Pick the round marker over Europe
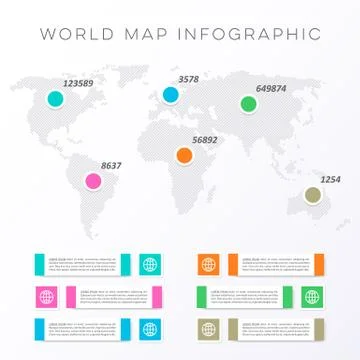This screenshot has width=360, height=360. coord(170,95)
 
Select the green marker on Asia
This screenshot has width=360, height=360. coord(247,103)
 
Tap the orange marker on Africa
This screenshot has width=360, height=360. coord(184,155)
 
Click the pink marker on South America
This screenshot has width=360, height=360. coord(93,181)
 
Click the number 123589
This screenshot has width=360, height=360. coord(79,84)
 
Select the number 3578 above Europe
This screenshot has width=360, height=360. coord(188,79)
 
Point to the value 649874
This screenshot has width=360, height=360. coord(271,88)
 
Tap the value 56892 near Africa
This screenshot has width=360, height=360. coord(204,140)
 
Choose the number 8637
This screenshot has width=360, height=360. coord(111,165)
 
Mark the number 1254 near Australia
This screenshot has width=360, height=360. coord(330,180)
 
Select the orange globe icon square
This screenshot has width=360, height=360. coord(208,265)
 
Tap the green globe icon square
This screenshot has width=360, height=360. coord(310,297)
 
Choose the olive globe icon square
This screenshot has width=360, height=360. coord(208,328)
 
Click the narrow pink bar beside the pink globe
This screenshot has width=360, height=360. coord(71,297)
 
